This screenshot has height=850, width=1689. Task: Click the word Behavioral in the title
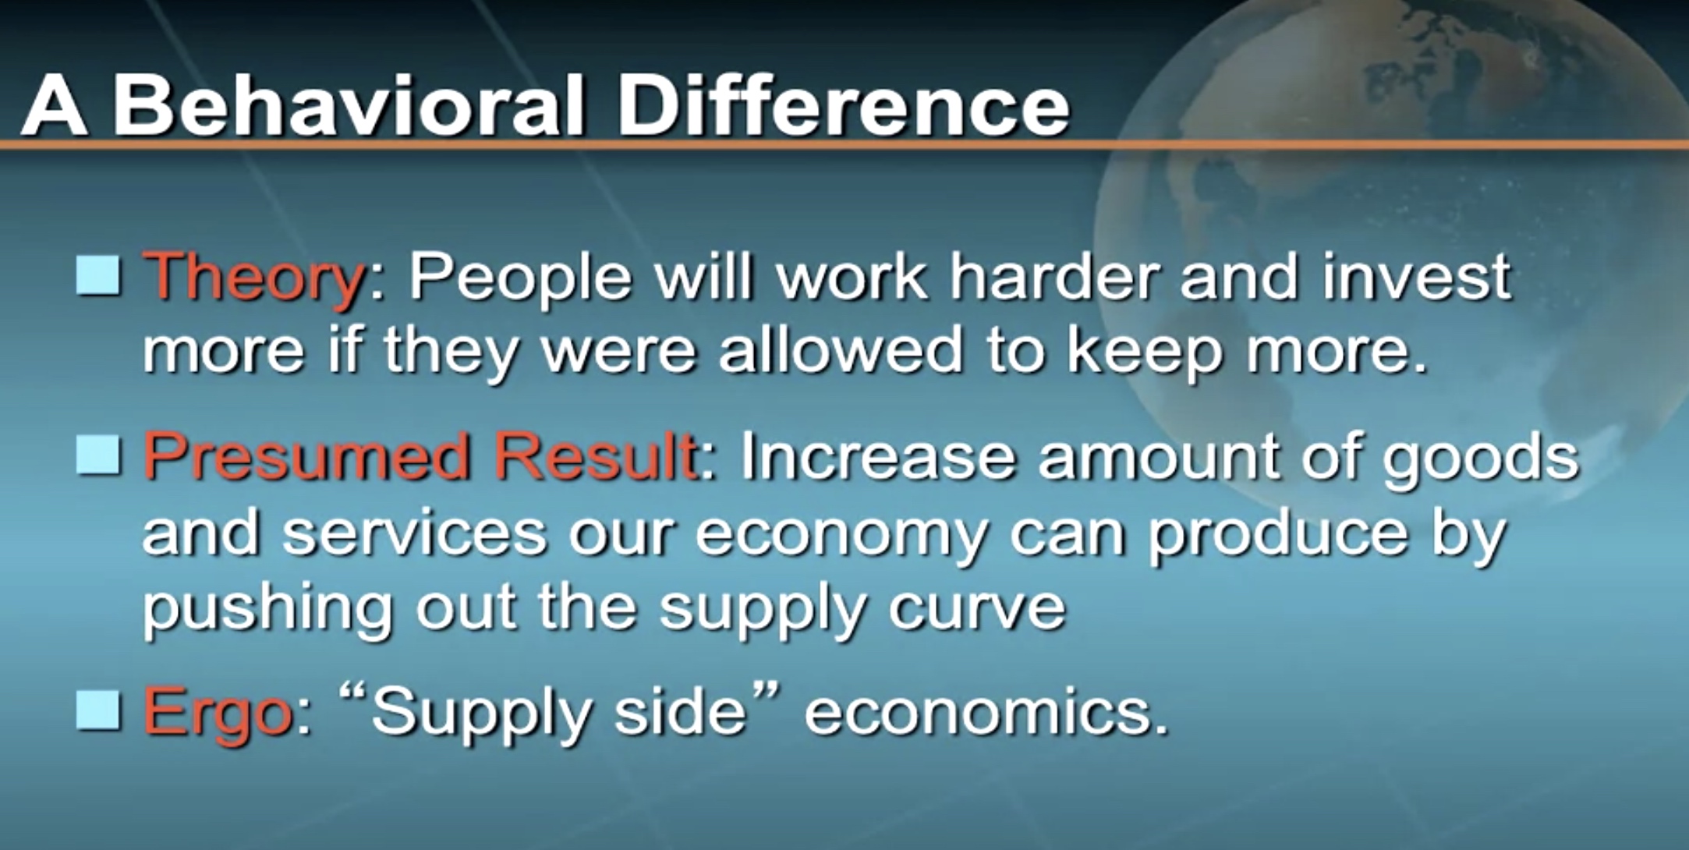[x=349, y=105]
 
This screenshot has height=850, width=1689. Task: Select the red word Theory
[x=254, y=279]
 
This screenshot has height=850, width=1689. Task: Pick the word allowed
[x=841, y=349]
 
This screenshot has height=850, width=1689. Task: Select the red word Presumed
[x=307, y=458]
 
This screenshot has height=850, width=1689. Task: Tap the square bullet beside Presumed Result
[x=99, y=455]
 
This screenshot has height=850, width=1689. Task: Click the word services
[x=415, y=533]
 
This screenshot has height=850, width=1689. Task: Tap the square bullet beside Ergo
[x=99, y=710]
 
